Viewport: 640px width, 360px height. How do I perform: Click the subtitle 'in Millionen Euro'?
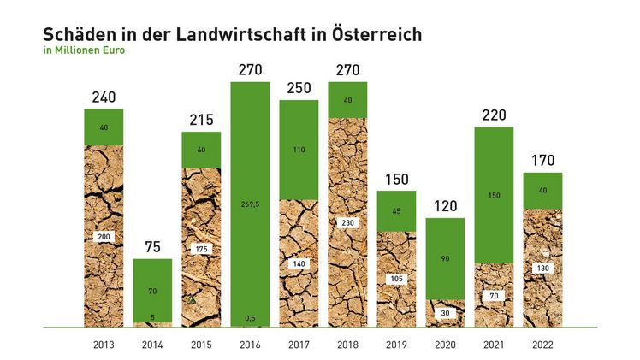pyautogui.click(x=84, y=50)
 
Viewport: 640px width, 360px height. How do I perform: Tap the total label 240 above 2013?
pyautogui.click(x=104, y=97)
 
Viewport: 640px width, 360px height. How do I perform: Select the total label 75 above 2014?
pyautogui.click(x=152, y=248)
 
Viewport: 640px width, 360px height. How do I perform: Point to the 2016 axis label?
pyautogui.click(x=250, y=345)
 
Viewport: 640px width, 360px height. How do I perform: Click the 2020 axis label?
pyautogui.click(x=445, y=345)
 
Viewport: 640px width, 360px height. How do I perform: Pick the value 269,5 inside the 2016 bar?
pyautogui.click(x=250, y=204)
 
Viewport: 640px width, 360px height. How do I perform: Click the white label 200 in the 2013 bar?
pyautogui.click(x=104, y=236)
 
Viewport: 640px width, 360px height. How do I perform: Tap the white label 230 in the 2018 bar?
pyautogui.click(x=347, y=222)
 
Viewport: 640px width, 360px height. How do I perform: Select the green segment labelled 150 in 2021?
pyautogui.click(x=494, y=195)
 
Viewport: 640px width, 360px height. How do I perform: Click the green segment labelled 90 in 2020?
pyautogui.click(x=445, y=258)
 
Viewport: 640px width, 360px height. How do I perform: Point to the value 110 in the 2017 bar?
pyautogui.click(x=299, y=150)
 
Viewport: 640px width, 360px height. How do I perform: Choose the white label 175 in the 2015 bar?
pyautogui.click(x=201, y=249)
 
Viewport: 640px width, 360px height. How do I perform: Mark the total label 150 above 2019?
pyautogui.click(x=396, y=180)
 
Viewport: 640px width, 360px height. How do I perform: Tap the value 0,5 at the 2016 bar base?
pyautogui.click(x=250, y=318)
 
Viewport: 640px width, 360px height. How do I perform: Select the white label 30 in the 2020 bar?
pyautogui.click(x=445, y=313)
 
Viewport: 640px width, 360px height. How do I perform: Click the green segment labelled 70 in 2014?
pyautogui.click(x=152, y=291)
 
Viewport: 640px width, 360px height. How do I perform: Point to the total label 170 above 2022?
pyautogui.click(x=542, y=161)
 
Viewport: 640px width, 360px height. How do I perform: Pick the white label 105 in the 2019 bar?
pyautogui.click(x=396, y=279)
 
